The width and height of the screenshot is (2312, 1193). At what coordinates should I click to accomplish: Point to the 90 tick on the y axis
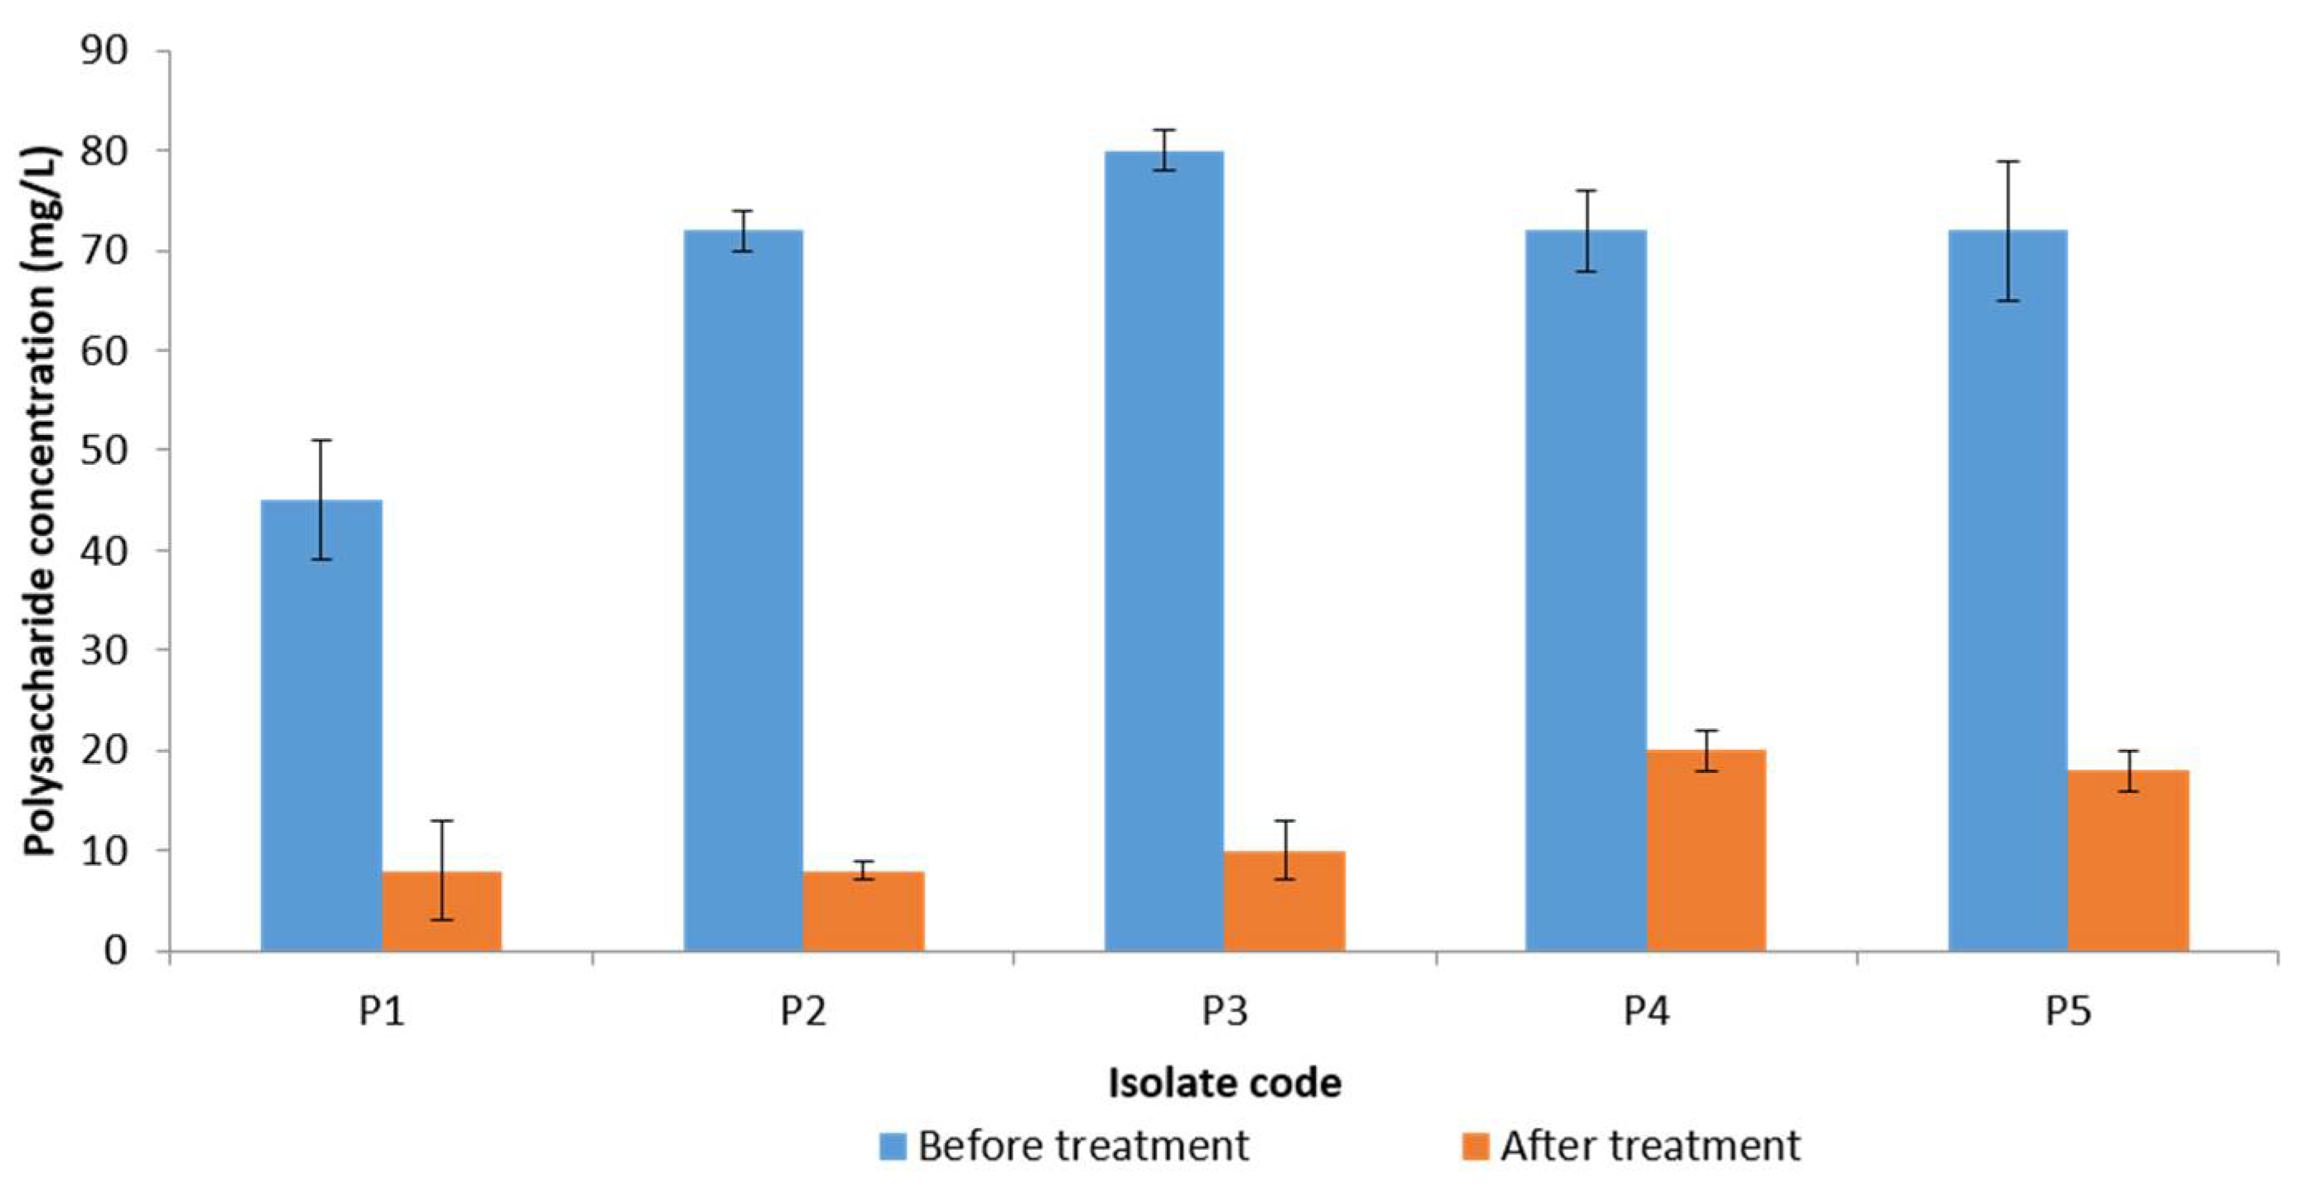[104, 51]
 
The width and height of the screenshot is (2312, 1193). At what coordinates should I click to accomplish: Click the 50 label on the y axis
[104, 450]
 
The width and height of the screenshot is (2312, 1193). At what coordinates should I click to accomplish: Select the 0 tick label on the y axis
[116, 949]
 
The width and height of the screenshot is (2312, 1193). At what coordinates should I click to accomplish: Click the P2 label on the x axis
[803, 1011]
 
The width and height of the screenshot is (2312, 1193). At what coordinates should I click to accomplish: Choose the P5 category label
[2068, 1011]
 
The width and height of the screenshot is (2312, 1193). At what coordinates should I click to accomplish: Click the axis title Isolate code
[1225, 1083]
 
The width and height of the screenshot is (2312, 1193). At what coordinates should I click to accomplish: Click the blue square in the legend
[892, 1147]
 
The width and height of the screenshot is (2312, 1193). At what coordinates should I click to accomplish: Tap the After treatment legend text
[1650, 1147]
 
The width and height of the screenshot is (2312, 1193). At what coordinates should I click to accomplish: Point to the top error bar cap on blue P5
[2008, 162]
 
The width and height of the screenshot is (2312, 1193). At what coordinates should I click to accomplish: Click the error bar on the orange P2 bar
[864, 870]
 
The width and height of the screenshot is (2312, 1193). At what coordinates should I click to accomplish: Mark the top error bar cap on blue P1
[320, 441]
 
